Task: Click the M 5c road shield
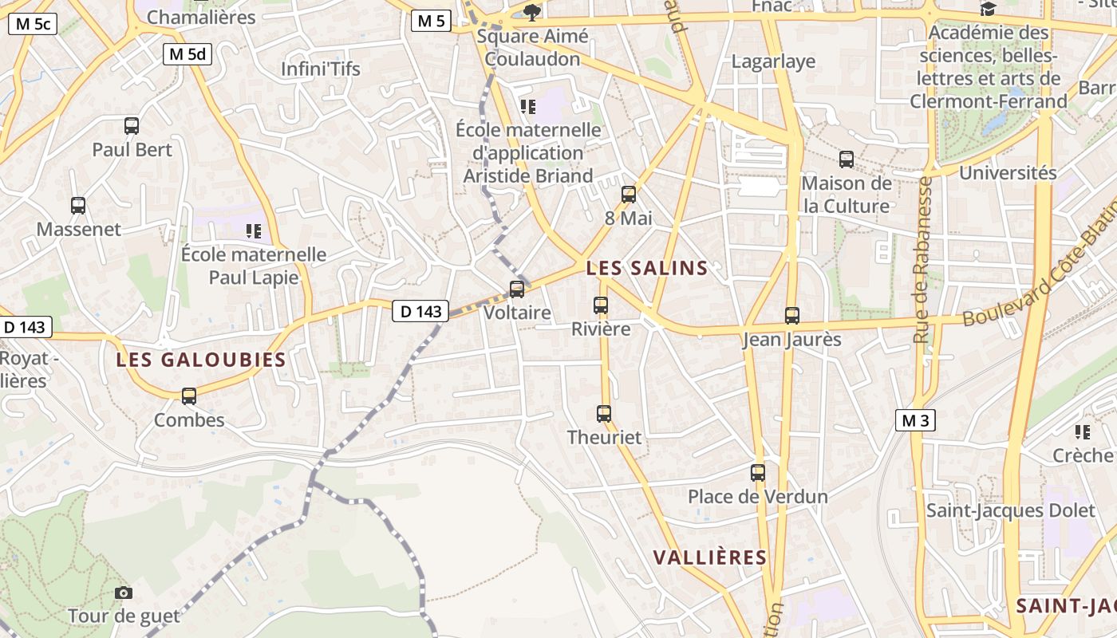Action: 33,24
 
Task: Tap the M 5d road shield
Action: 187,54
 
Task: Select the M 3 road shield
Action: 914,420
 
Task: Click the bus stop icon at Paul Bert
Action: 132,125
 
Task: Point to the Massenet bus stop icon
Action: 78,206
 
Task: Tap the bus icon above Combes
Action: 189,396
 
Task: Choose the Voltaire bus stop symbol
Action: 517,289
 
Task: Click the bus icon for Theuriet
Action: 604,413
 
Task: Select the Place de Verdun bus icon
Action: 758,473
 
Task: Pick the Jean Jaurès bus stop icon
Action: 791,316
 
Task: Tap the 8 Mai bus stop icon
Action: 629,194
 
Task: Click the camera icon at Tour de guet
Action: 124,593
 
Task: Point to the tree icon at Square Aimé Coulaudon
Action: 532,12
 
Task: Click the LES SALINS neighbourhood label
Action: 647,269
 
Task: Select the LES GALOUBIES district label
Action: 201,360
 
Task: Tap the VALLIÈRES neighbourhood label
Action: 710,557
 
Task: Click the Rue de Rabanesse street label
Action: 924,260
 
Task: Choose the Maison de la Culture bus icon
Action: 847,159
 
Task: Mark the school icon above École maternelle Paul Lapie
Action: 254,231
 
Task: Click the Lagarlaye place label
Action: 773,61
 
